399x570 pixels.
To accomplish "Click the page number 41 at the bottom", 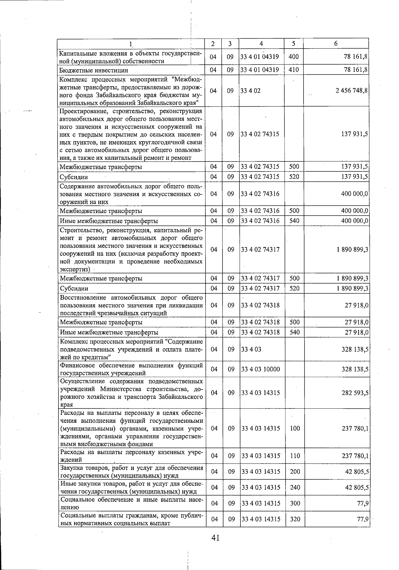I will click(x=215, y=538).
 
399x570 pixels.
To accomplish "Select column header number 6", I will click(x=336, y=44).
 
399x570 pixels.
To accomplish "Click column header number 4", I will click(x=261, y=44).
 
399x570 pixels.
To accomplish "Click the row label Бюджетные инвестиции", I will click(x=93, y=70).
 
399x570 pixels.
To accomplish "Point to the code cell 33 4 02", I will click(x=251, y=91).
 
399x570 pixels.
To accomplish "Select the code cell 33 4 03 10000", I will click(x=261, y=369).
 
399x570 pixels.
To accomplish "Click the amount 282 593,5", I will click(x=355, y=393).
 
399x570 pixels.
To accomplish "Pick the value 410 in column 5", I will click(x=294, y=70).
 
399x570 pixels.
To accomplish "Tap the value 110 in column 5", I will click(x=295, y=456).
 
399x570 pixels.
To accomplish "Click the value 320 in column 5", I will click(x=295, y=519).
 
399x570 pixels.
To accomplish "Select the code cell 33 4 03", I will click(x=251, y=350).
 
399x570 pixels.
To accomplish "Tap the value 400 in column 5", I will click(x=294, y=57).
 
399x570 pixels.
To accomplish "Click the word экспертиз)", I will click(x=75, y=269).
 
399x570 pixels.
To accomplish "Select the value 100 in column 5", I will click(x=295, y=428).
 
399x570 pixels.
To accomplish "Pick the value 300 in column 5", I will click(x=295, y=503).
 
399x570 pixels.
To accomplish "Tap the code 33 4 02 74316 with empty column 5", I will click(x=260, y=194).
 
